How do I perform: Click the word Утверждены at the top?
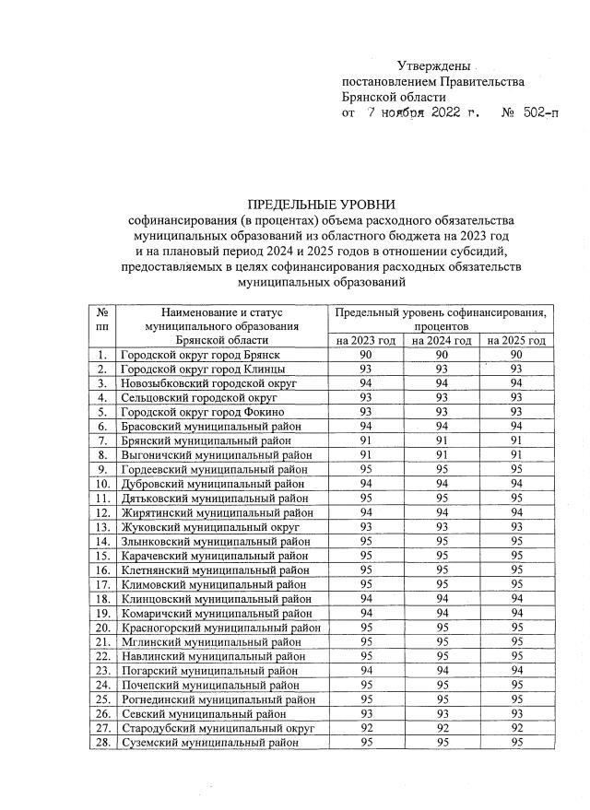point(432,66)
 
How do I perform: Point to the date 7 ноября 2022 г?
point(423,113)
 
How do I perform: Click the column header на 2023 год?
point(366,341)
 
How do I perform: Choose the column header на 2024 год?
point(442,341)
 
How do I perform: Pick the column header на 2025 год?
point(516,341)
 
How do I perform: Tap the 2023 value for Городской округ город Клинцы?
point(366,369)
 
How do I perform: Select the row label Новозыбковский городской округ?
point(210,383)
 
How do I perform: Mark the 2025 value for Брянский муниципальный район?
point(516,440)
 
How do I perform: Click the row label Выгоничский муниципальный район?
point(216,454)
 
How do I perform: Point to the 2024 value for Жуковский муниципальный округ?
point(442,526)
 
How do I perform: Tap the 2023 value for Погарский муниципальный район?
point(366,670)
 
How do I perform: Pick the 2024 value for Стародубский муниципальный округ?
point(442,727)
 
